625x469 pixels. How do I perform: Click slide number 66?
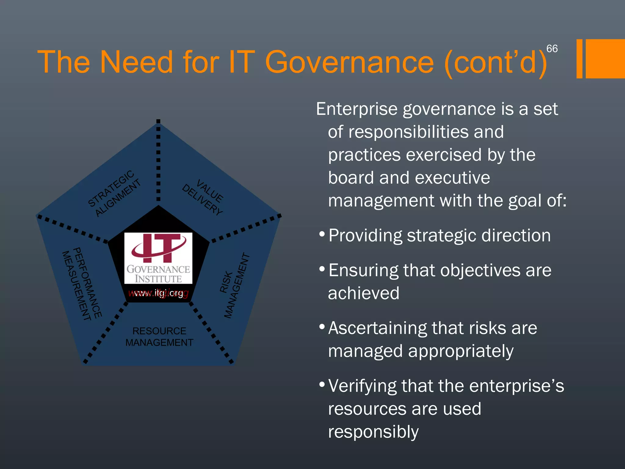click(x=552, y=49)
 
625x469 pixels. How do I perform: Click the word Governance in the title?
click(x=349, y=62)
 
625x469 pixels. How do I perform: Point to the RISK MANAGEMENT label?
click(x=234, y=286)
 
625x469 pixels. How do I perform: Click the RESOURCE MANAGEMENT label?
click(x=159, y=337)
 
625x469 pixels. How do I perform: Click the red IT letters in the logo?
click(x=158, y=248)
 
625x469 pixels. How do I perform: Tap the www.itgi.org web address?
click(x=158, y=293)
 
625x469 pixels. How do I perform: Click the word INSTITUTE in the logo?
click(x=158, y=279)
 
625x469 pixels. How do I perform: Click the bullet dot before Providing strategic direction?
click(x=321, y=234)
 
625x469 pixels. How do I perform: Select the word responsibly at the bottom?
click(x=373, y=432)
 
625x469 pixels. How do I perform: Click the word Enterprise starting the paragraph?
click(x=356, y=109)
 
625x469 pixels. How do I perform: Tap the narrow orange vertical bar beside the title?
click(x=579, y=59)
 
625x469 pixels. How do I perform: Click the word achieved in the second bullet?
click(x=363, y=293)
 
